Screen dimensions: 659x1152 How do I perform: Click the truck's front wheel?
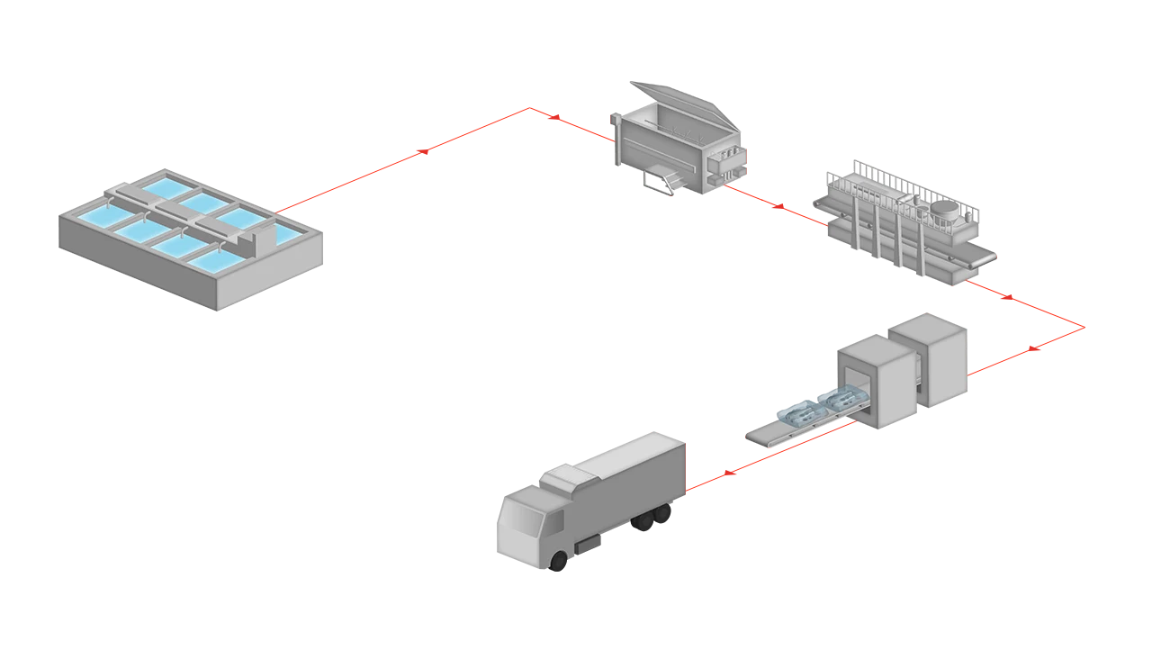559,563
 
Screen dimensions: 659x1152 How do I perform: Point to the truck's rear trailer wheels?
654,518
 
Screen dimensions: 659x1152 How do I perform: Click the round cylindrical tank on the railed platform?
944,211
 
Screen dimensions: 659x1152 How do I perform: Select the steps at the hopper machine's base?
665,179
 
